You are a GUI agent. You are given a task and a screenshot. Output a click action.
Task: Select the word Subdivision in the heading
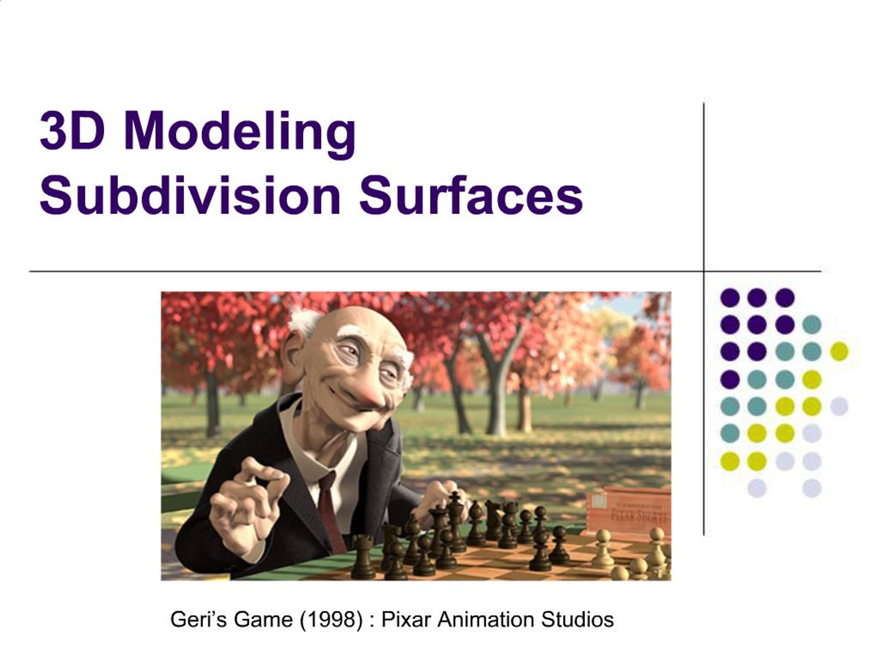[x=190, y=196]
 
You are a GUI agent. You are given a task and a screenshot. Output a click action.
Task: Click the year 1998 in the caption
[x=331, y=619]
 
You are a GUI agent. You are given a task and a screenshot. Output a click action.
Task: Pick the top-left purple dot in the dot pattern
[x=730, y=298]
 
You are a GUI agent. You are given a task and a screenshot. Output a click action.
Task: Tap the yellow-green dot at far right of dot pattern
[x=839, y=351]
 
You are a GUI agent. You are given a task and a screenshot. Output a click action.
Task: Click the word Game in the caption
[x=265, y=619]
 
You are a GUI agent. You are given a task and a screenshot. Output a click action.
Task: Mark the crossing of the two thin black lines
[x=704, y=272]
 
